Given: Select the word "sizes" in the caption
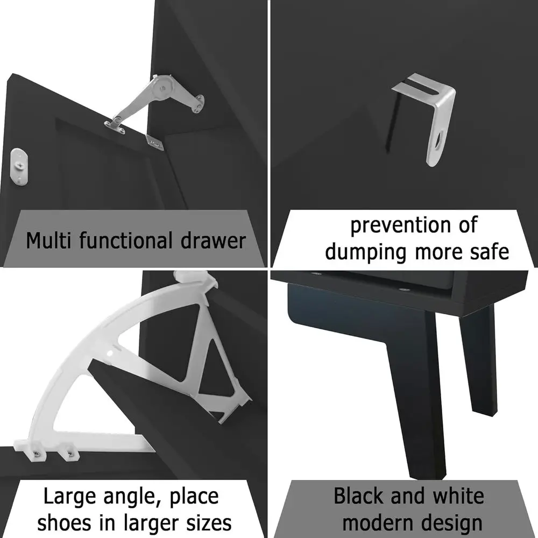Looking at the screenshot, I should click(207, 522).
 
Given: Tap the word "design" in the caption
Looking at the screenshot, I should click(452, 522).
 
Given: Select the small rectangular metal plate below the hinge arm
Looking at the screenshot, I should click(154, 142).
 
